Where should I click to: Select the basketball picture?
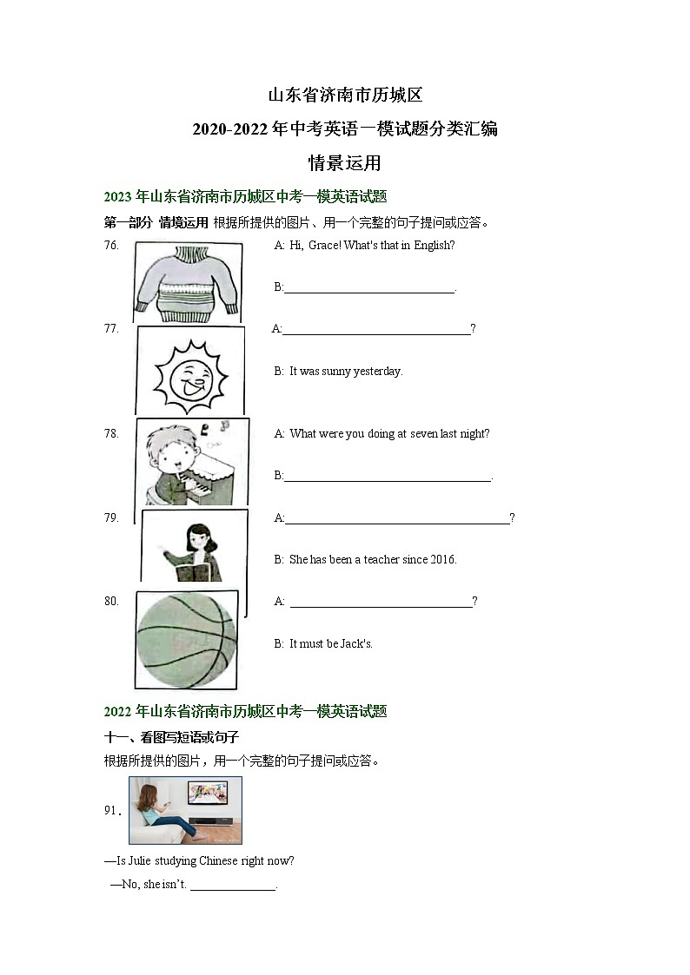[186, 640]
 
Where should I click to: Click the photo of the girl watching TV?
[185, 810]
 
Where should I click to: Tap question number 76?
[111, 246]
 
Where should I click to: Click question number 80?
[111, 601]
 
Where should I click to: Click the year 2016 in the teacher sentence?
[443, 559]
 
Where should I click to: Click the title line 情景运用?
[345, 163]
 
